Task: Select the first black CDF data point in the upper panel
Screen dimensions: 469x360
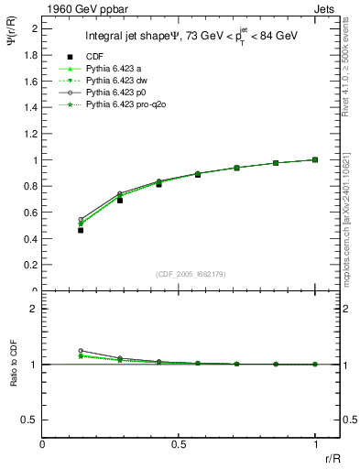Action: coord(81,230)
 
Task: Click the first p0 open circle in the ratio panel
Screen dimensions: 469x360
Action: coord(81,351)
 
